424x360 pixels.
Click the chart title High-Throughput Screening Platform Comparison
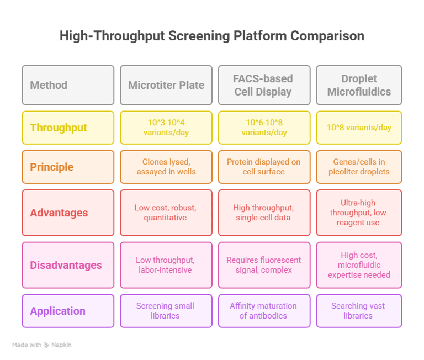pos(212,36)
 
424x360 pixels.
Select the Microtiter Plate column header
pos(166,85)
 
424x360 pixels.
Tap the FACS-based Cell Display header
pos(264,85)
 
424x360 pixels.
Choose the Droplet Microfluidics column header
pos(359,85)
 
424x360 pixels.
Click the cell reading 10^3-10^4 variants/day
pos(166,128)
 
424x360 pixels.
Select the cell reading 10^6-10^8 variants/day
pos(264,128)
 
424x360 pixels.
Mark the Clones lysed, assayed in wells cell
pos(166,167)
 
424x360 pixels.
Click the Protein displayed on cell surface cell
pos(264,167)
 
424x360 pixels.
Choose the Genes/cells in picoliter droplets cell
pos(359,167)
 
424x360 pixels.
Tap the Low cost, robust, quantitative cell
pos(166,213)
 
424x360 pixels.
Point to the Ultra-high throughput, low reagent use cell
pos(359,213)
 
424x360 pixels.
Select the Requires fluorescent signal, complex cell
pos(264,265)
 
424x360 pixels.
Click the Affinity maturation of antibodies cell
pos(264,311)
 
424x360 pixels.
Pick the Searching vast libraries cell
pos(359,311)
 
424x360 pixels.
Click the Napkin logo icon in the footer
pos(46,345)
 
